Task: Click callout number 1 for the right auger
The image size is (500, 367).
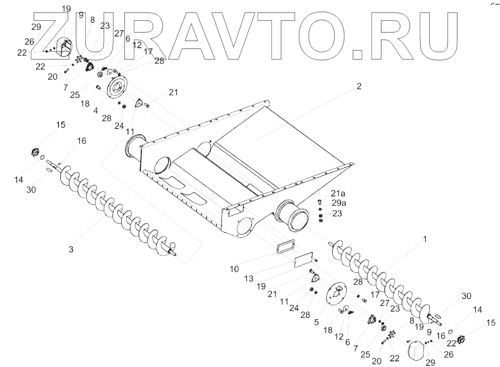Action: point(424,239)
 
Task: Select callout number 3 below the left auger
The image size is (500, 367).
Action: point(71,249)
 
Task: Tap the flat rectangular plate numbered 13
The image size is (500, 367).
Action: point(304,259)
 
